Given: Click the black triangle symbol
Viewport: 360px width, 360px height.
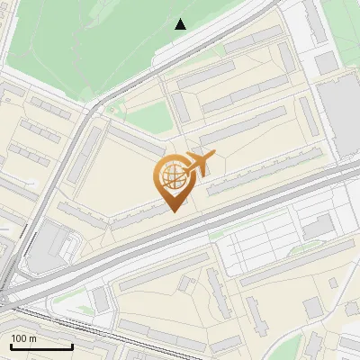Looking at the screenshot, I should tap(181, 23).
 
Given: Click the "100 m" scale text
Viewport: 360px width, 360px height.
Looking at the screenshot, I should tap(24, 338).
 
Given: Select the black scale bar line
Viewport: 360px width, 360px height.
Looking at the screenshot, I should tap(40, 346).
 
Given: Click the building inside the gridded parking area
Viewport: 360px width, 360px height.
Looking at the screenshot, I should tap(316, 229).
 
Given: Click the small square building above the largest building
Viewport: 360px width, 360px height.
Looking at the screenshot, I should tap(324, 63).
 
